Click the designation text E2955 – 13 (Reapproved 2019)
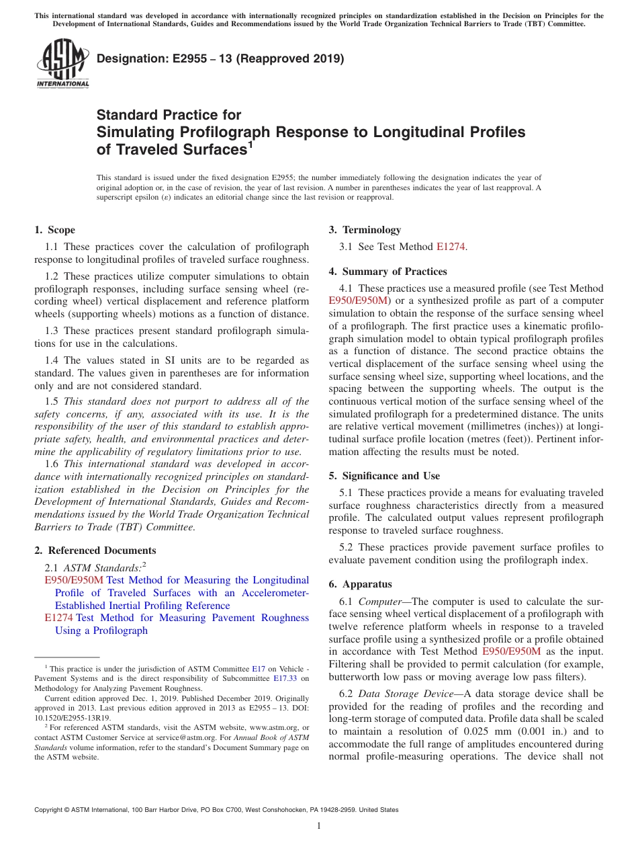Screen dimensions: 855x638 tap(220, 58)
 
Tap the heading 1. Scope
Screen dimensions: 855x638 tap(54, 230)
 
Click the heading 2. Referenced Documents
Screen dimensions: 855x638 tap(95, 551)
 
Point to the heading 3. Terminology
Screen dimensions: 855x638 tap(365, 230)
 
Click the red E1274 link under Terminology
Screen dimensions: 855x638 tap(451, 247)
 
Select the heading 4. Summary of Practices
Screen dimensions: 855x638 tap(388, 272)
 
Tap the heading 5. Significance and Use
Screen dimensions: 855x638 tap(384, 476)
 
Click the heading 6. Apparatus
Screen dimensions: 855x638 tap(360, 584)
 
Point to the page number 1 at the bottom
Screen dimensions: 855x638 tap(319, 826)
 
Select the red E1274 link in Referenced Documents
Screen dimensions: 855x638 tap(58, 618)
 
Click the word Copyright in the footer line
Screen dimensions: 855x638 tap(50, 810)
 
